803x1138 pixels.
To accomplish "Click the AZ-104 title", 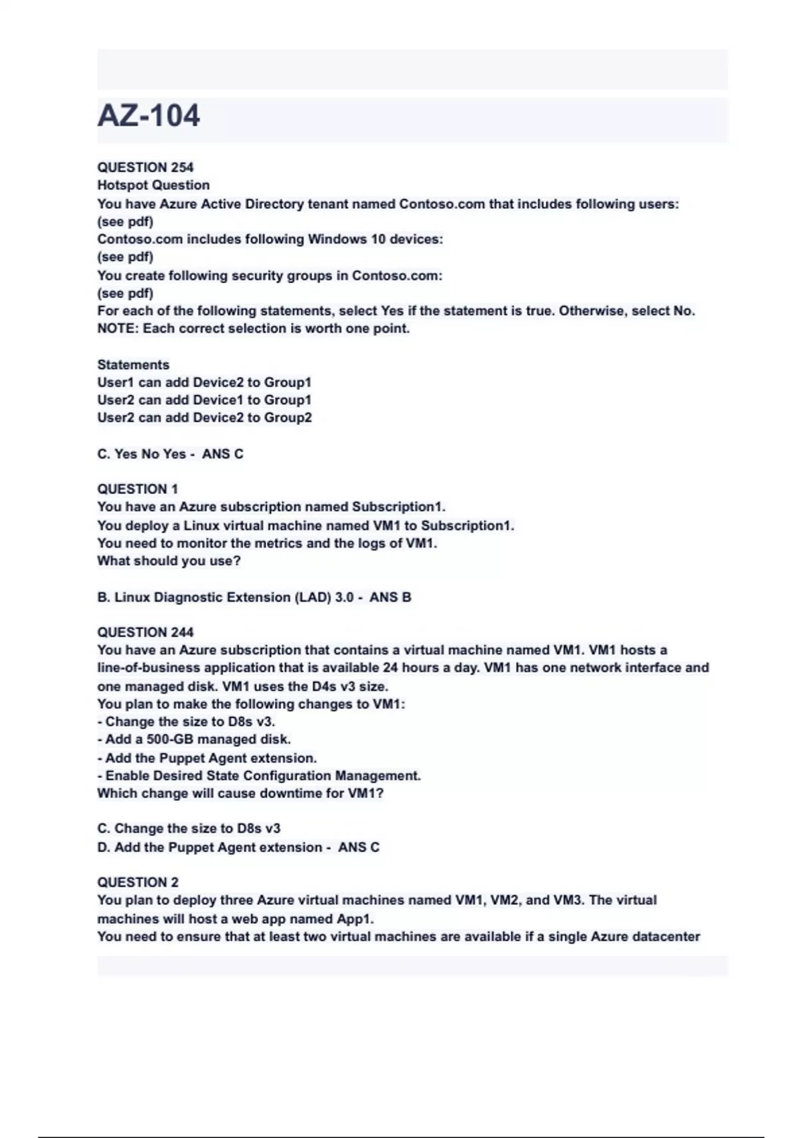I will (149, 116).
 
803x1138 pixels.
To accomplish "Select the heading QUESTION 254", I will (145, 167).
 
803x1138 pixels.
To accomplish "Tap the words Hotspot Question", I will (153, 185).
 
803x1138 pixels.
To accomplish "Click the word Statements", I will (133, 365).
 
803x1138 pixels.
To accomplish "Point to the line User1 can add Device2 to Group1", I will (204, 382).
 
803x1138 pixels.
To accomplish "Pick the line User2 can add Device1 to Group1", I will (204, 400).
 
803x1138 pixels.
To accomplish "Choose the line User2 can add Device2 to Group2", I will (204, 418).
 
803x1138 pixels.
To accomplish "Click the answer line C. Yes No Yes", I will (170, 454).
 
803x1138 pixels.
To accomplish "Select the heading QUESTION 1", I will (137, 489).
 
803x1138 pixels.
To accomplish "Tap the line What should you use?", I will (169, 561).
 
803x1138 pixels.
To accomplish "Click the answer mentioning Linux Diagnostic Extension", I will (254, 597).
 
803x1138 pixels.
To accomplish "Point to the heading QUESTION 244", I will (145, 633).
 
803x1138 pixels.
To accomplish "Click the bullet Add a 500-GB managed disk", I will (194, 740).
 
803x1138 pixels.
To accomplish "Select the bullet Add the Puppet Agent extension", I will (207, 758).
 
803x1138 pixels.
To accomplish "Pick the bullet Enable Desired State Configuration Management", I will (259, 776).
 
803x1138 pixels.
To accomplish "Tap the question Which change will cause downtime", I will (240, 794).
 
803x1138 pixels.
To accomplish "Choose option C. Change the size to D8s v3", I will (189, 829).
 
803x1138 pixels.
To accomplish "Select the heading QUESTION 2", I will (138, 882).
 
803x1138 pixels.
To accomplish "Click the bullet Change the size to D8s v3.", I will (186, 722).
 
